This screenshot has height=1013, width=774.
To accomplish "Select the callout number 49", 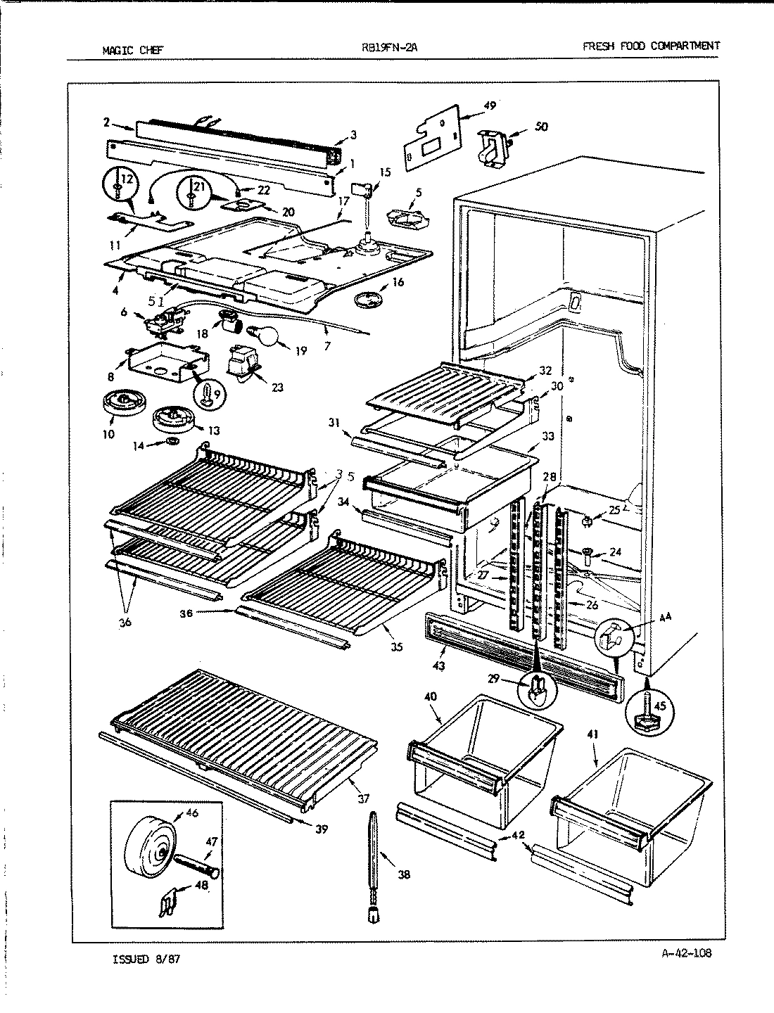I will [490, 106].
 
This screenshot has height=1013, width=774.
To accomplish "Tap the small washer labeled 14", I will [171, 442].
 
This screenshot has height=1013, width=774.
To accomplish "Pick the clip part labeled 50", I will [494, 148].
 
